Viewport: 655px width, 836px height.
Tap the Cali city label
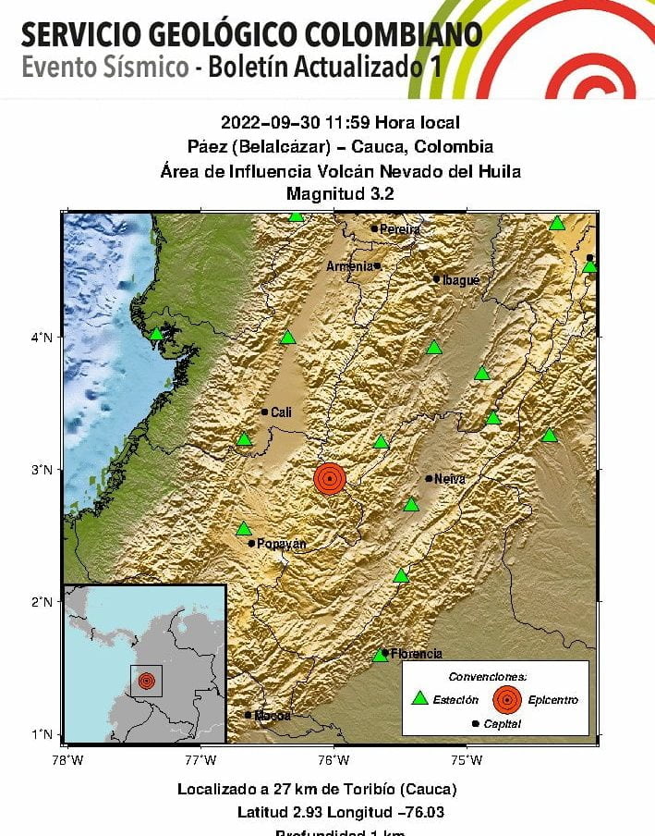[281, 412]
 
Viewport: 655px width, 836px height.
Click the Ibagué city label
[461, 279]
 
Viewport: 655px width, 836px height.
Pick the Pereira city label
[399, 229]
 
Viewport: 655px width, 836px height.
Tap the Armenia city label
[350, 266]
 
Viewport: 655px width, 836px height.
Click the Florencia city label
[416, 654]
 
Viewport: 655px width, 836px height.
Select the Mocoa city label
[273, 715]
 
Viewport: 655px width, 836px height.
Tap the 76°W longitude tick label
[334, 760]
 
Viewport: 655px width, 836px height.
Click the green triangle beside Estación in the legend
[420, 699]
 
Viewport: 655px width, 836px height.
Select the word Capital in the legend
[502, 723]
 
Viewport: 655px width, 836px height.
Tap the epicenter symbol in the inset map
[146, 681]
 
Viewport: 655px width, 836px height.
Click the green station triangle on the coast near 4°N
[156, 334]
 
